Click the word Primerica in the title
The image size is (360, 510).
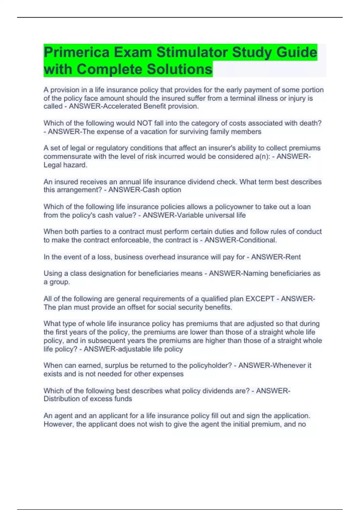pos(76,52)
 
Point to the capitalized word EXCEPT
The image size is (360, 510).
pos(260,299)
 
